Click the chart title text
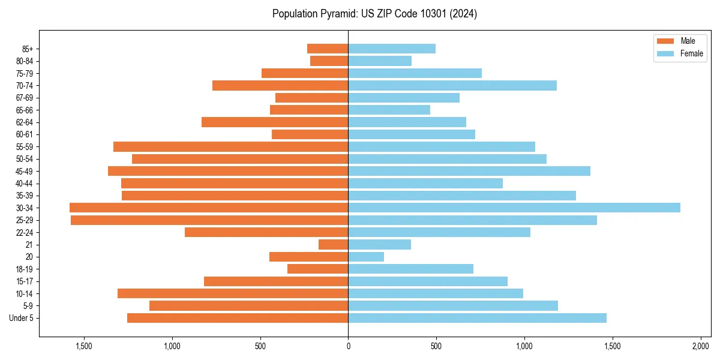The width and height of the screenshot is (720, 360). [374, 14]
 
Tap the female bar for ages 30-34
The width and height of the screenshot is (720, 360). [514, 208]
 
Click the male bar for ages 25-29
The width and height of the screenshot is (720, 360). [209, 220]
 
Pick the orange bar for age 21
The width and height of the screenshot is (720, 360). [334, 245]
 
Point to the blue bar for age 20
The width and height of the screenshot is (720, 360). [366, 257]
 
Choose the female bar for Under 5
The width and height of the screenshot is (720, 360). [477, 318]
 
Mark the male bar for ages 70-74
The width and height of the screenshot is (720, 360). [280, 86]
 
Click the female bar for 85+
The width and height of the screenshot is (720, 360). [392, 49]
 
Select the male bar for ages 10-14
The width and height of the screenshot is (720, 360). [233, 293]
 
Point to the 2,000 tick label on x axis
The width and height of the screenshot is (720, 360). [701, 347]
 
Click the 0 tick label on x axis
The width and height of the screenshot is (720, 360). [348, 347]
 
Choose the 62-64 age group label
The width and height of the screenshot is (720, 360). [24, 122]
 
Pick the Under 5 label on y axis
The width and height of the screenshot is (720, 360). [22, 318]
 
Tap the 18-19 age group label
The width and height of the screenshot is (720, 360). [24, 269]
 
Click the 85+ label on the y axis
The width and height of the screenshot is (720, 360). [27, 49]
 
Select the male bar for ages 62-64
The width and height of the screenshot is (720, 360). [275, 122]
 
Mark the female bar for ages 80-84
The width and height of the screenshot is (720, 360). [380, 61]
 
